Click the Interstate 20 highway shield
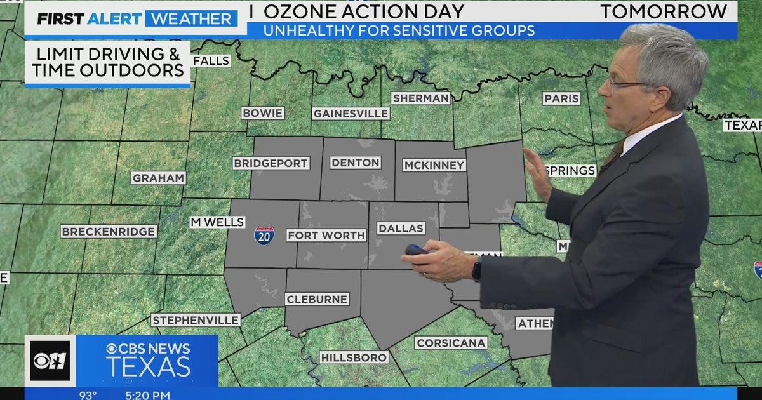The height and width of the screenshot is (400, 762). tap(264, 236)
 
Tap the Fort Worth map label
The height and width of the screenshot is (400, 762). tap(326, 236)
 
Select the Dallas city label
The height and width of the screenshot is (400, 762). tap(400, 228)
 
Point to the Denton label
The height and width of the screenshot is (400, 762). tap(356, 163)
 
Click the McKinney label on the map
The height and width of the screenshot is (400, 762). tap(434, 165)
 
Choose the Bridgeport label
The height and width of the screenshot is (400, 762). tap(271, 163)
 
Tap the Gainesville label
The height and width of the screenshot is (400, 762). tap(351, 114)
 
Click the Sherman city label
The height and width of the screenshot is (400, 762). tap(420, 98)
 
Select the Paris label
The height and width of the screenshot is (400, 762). tap(561, 98)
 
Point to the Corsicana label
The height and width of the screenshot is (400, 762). tap(451, 343)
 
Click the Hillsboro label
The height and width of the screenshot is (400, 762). tap(354, 357)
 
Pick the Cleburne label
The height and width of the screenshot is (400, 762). tap(317, 299)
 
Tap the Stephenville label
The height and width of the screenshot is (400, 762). tap(196, 320)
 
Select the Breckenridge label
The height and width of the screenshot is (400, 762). tap(108, 232)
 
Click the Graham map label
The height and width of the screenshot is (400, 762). tap(158, 178)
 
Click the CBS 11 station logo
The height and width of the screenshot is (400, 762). tap(50, 361)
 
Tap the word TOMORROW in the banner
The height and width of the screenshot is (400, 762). tap(664, 11)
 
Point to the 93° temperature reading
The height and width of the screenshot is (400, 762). tap(88, 395)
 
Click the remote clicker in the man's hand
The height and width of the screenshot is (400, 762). tap(417, 250)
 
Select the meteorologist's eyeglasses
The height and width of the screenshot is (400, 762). tap(625, 82)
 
